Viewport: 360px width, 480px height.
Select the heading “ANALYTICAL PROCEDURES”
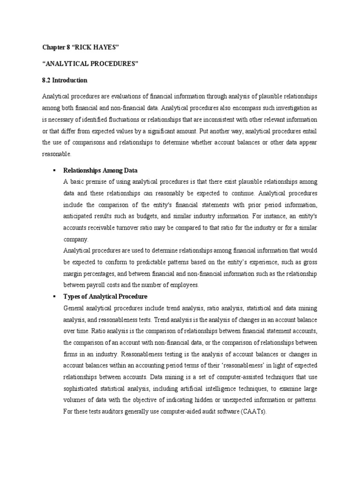[91, 64]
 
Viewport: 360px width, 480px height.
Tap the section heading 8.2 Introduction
[64, 80]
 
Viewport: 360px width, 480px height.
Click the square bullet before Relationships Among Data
[55, 170]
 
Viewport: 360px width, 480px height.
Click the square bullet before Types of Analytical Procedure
[55, 297]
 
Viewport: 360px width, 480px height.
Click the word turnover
[127, 227]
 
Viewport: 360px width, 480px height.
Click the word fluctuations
[124, 119]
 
